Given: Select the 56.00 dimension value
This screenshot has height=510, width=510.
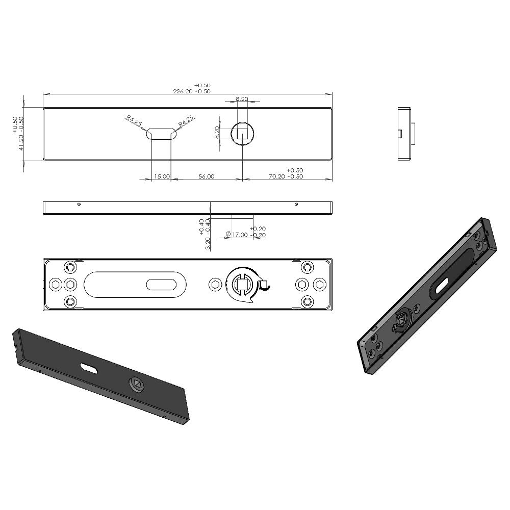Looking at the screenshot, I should [x=206, y=176].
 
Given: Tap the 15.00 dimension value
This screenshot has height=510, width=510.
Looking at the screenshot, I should [x=162, y=176].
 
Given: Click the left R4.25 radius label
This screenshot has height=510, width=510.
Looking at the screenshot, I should [x=134, y=121].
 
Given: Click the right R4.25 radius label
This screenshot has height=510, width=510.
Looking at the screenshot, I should [x=187, y=121].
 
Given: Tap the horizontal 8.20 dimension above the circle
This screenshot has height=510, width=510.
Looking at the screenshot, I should [x=242, y=98].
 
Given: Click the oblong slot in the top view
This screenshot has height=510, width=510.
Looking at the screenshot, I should [x=162, y=133].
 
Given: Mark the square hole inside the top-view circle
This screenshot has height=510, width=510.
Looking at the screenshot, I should [x=242, y=133].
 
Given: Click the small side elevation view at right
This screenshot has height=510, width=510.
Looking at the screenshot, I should [x=406, y=134].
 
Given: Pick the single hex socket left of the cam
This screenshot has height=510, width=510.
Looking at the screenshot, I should [x=216, y=284].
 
